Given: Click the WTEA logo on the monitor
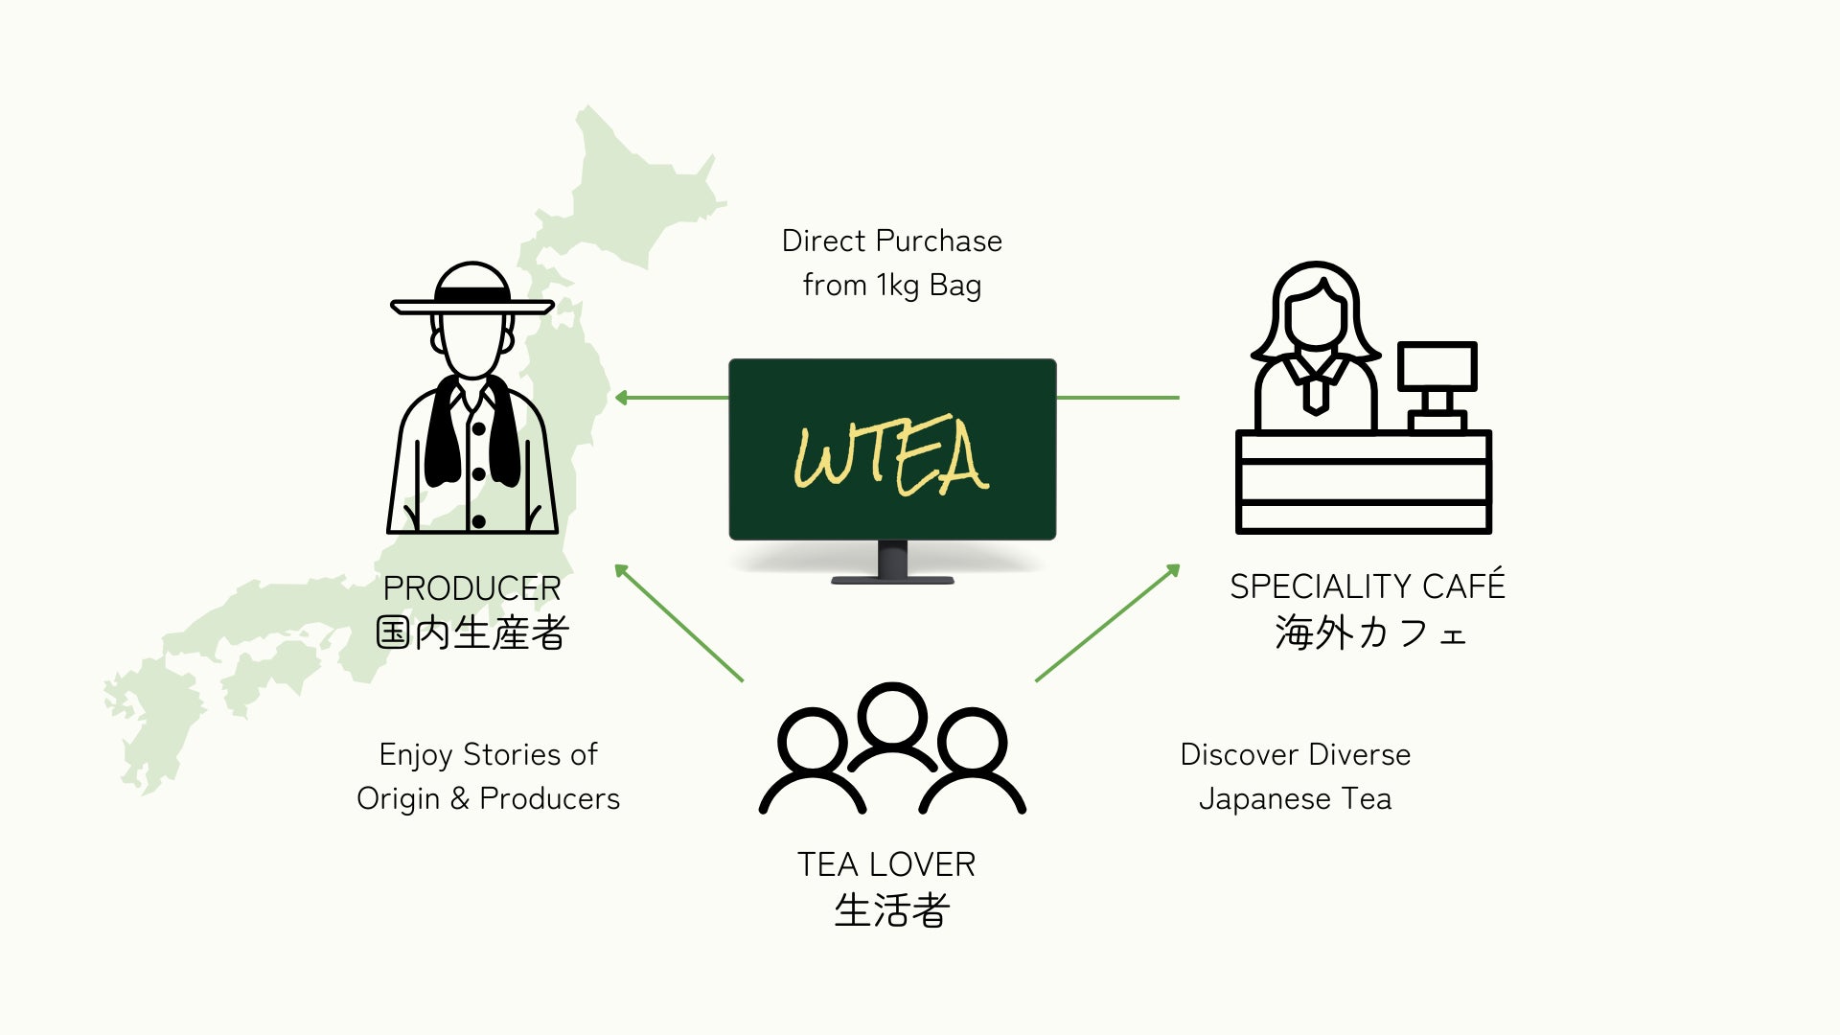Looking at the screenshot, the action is coord(891,456).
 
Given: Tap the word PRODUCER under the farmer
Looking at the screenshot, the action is coord(471,587).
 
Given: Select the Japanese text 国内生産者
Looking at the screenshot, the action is coord(472,632).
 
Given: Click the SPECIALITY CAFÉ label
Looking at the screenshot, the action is coord(1368,586).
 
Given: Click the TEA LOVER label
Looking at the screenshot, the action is coord(886,864).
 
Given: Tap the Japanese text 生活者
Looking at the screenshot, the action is coord(891,910).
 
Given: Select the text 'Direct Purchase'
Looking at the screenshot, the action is coord(891,241).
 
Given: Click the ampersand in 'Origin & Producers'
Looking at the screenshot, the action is coord(460,798).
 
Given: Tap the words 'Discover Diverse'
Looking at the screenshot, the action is coord(1295,754).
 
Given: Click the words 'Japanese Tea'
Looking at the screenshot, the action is coord(1295,798).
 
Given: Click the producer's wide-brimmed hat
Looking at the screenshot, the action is coord(471,293).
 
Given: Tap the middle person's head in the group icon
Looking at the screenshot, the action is coord(892,715).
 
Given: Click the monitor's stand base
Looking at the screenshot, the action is coord(892,580).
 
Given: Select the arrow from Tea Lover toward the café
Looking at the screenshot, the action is coord(1107,623).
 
